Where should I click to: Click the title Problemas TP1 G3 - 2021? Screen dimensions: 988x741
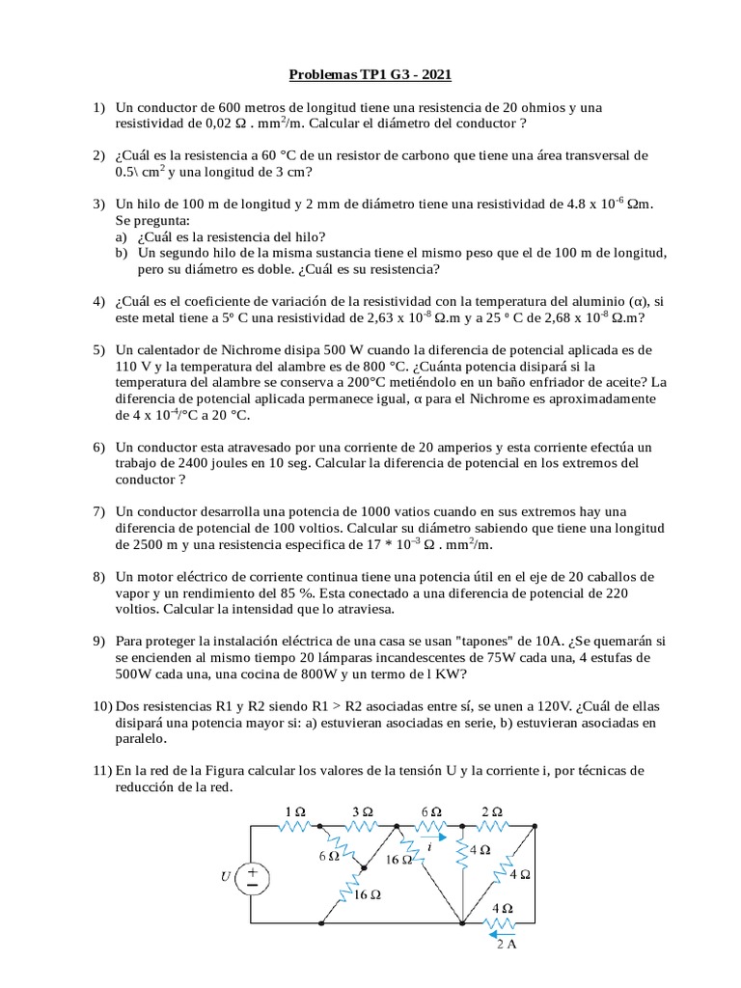coord(370,74)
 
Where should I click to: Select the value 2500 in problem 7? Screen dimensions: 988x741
coord(136,545)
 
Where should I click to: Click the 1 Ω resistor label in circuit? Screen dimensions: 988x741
coord(294,812)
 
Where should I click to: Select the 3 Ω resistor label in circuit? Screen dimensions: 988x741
coord(360,812)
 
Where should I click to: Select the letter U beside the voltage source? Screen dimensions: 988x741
coord(226,877)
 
